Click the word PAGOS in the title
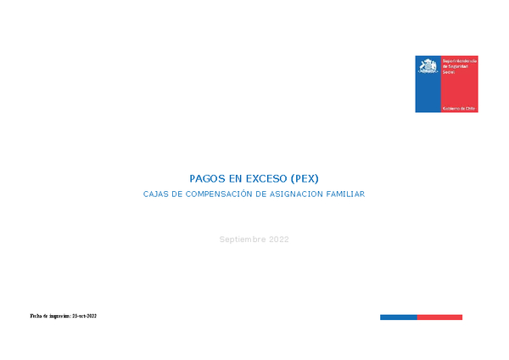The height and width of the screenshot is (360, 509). [207, 179]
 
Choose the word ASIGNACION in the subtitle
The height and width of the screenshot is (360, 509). [299, 194]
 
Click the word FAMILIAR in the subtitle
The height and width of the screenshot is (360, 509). [347, 194]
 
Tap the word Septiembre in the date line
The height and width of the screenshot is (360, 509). [243, 239]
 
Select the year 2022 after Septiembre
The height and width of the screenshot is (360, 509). [279, 239]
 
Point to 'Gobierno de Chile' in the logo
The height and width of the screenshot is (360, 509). [461, 109]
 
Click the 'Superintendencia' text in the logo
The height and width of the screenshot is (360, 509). [461, 61]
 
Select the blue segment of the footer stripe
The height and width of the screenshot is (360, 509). [398, 317]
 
